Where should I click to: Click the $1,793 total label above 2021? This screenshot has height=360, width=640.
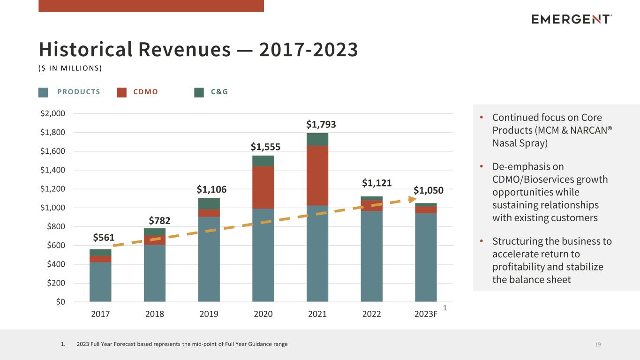pos(321,124)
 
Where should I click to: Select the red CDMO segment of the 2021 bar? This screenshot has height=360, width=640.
pos(317,176)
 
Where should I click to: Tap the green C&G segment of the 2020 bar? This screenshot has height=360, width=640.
pos(263,161)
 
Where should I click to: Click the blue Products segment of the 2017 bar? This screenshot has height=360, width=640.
pos(100,282)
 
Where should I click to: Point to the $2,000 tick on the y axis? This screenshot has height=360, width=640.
pos(53,113)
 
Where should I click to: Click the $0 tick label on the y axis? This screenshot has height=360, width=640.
pos(60,302)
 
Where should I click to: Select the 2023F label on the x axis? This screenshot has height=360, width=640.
pos(426,314)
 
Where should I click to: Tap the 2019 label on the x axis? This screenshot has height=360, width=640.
pos(209,314)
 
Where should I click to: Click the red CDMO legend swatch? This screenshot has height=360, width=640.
pos(122,92)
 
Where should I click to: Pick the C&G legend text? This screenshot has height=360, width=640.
pos(219,92)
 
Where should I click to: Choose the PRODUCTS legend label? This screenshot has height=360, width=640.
pos(79,92)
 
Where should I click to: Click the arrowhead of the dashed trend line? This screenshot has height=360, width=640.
pos(412,199)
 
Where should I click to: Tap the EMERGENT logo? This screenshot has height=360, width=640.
pos(572,19)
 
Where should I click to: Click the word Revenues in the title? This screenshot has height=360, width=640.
pos(185,49)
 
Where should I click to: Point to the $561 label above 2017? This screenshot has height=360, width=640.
pos(104,238)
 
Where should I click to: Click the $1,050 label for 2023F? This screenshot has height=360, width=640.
pos(429,190)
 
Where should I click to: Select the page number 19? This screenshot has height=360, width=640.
pos(598,345)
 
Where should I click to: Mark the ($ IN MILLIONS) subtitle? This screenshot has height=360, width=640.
pos(70,68)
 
